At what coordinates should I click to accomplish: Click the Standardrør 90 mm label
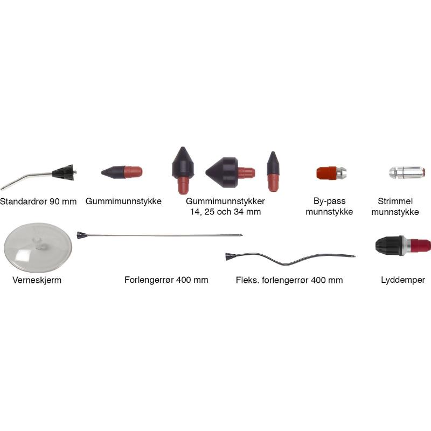(x=38, y=202)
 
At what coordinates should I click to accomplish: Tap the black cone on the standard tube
(x=63, y=172)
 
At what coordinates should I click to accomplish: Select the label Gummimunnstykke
(x=123, y=201)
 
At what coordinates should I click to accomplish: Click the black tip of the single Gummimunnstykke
(x=112, y=172)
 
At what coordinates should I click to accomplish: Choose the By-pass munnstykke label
(x=329, y=207)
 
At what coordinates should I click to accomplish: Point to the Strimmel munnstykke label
(x=399, y=207)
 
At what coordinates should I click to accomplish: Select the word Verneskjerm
(x=37, y=280)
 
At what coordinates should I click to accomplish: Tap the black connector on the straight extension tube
(x=82, y=235)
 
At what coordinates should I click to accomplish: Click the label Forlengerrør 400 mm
(x=166, y=280)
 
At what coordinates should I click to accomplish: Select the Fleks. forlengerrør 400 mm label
(x=289, y=280)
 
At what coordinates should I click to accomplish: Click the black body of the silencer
(x=390, y=245)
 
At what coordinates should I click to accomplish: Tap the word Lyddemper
(x=402, y=280)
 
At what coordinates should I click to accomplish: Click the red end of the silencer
(x=421, y=245)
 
